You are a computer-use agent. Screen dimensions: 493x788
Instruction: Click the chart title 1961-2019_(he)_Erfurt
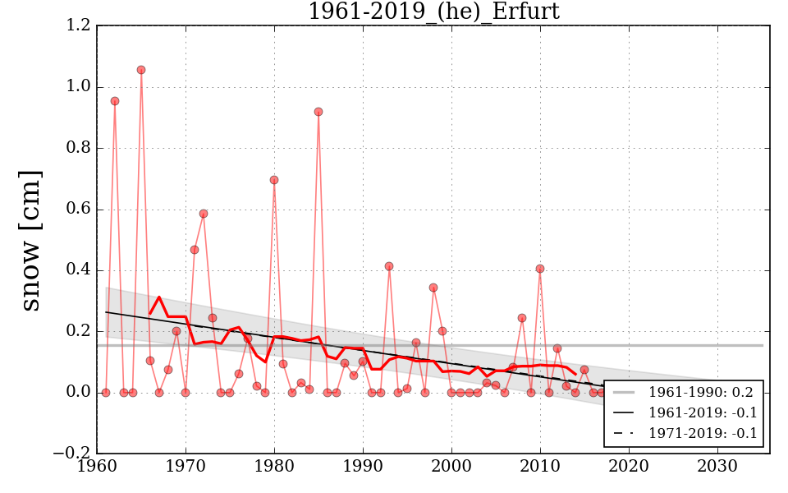[x=433, y=12]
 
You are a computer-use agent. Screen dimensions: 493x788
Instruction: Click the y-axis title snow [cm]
[x=30, y=240]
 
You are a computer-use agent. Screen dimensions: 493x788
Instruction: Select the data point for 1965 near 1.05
[x=141, y=70]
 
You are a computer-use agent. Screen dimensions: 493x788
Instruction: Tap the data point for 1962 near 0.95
[x=115, y=101]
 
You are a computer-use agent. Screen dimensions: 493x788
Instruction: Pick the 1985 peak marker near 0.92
[x=318, y=112]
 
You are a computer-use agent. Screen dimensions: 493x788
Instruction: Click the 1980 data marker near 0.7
[x=274, y=180]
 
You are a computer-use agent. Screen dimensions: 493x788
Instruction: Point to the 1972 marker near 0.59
[x=204, y=214]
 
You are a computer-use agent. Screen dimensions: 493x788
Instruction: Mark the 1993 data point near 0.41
[x=389, y=266]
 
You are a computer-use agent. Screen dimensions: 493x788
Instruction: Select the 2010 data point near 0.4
[x=540, y=269]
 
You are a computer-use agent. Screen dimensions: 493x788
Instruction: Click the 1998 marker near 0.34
[x=433, y=288]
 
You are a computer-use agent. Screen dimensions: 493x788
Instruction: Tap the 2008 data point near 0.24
[x=522, y=318]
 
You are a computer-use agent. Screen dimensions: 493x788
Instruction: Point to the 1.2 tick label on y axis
[x=79, y=26]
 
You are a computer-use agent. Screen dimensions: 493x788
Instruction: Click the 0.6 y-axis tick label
[x=79, y=210]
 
